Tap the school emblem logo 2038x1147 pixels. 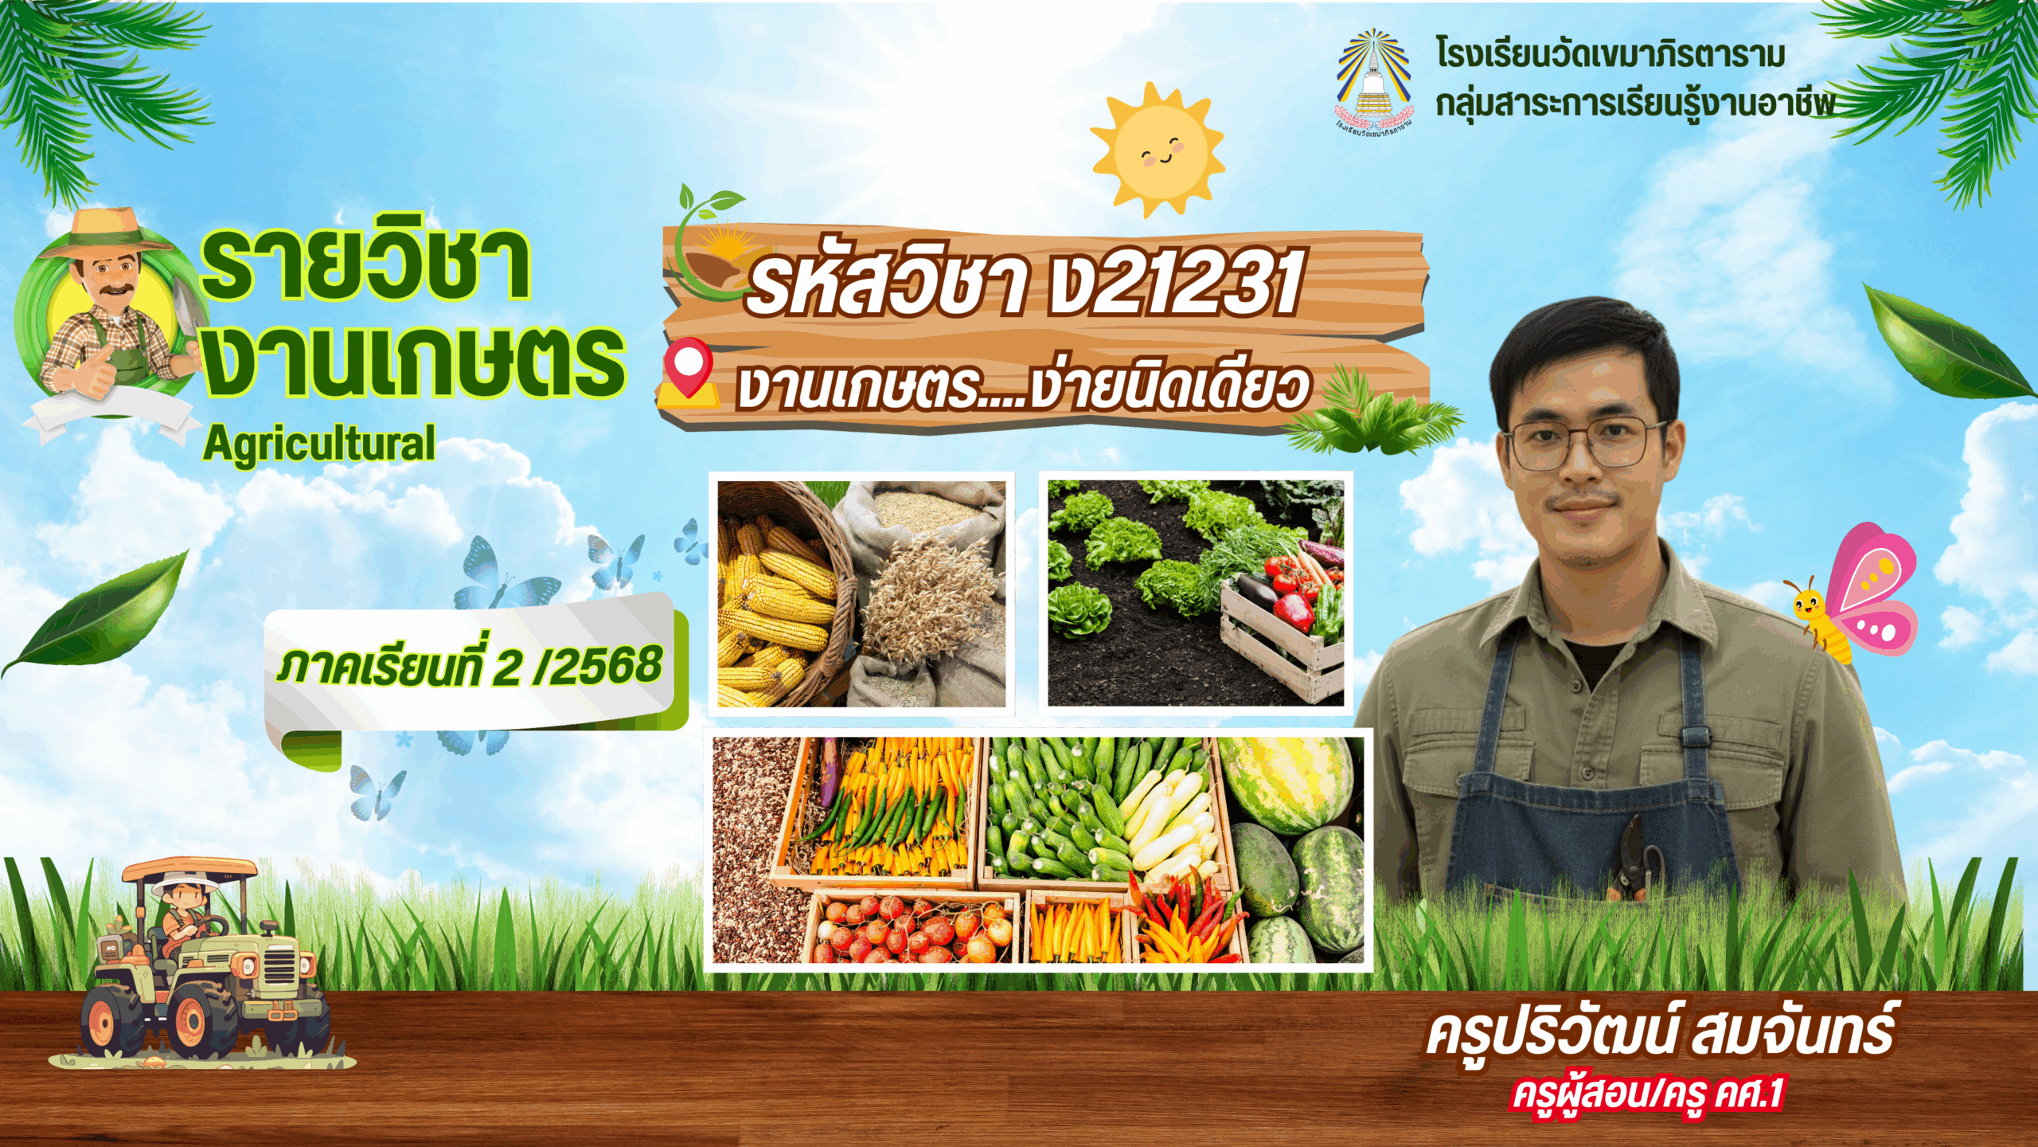[1373, 80]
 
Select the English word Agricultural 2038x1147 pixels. [318, 444]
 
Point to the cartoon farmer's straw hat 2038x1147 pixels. [107, 231]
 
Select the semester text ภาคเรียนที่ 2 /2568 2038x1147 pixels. [470, 667]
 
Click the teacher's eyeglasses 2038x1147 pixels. [1584, 442]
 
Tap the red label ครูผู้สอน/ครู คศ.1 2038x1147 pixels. [1648, 1094]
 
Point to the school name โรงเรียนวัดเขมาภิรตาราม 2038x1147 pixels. [1610, 54]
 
